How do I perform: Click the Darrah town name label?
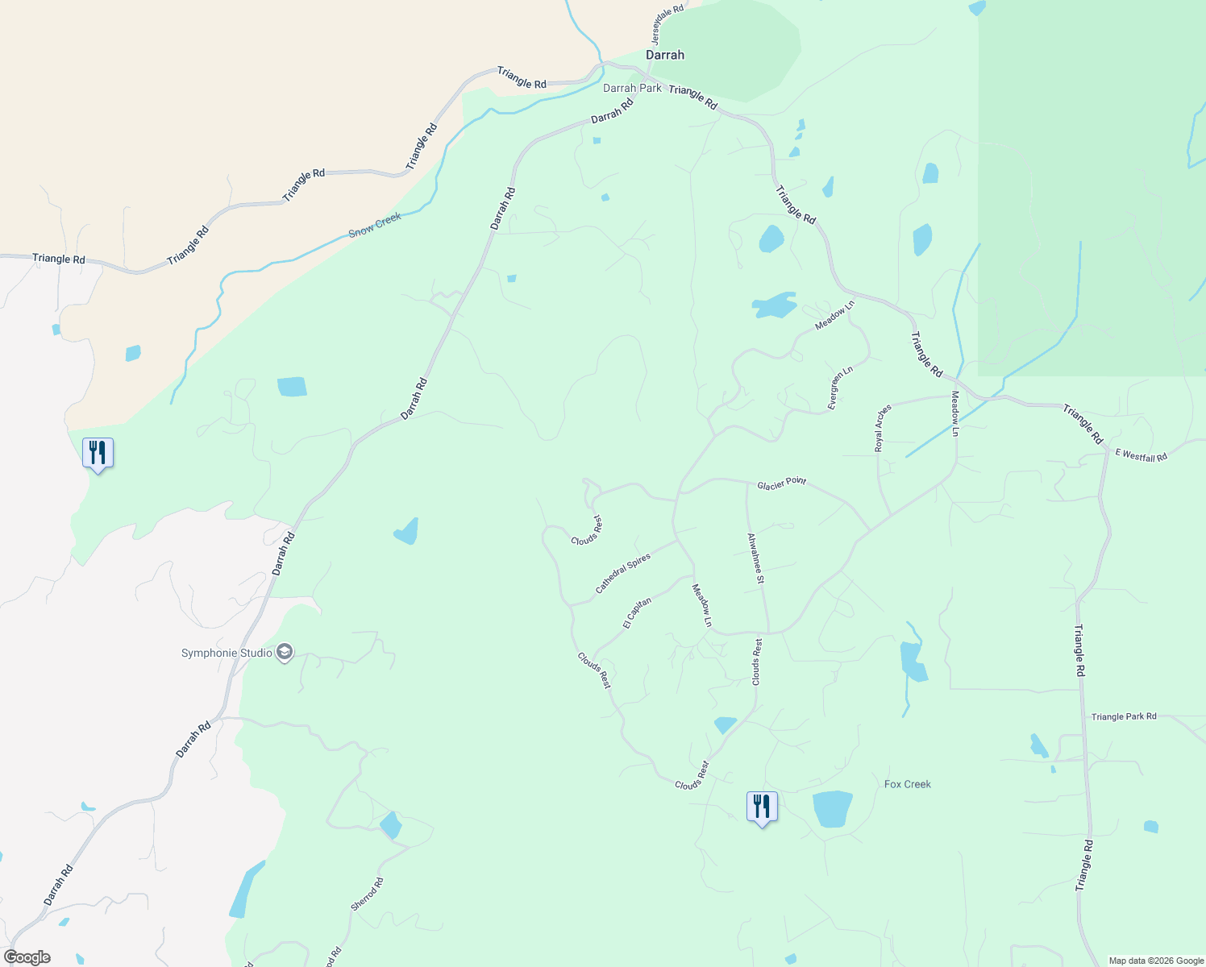pyautogui.click(x=665, y=55)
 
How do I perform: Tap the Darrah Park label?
pyautogui.click(x=632, y=88)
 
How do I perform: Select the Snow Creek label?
pyautogui.click(x=375, y=225)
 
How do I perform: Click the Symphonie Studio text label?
pyautogui.click(x=227, y=653)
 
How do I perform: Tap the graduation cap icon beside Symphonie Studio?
pyautogui.click(x=284, y=652)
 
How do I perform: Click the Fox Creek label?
pyautogui.click(x=907, y=784)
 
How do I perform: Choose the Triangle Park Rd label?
pyautogui.click(x=1124, y=716)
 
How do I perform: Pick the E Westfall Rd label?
pyautogui.click(x=1141, y=455)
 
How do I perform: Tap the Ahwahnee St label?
pyautogui.click(x=755, y=558)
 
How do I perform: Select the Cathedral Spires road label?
pyautogui.click(x=622, y=574)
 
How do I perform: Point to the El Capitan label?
pyautogui.click(x=637, y=612)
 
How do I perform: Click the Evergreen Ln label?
pyautogui.click(x=839, y=389)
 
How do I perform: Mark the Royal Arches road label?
pyautogui.click(x=883, y=427)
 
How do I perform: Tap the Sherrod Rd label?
pyautogui.click(x=367, y=894)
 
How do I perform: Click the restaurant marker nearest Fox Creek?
pyautogui.click(x=762, y=806)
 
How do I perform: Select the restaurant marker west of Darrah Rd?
pyautogui.click(x=98, y=453)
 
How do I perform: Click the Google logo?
pyautogui.click(x=27, y=957)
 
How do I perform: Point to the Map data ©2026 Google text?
pyautogui.click(x=1156, y=961)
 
